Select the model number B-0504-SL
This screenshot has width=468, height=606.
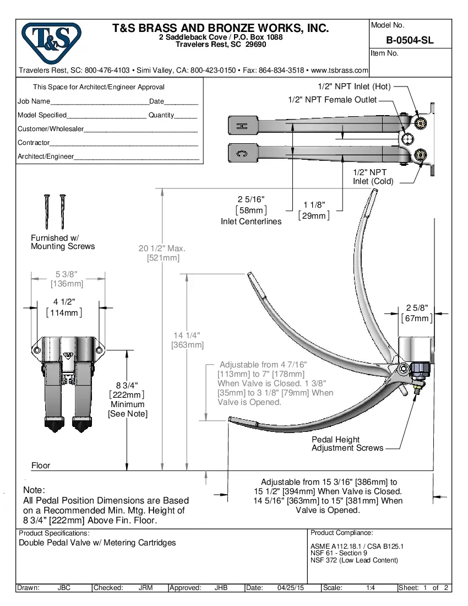pos(410,40)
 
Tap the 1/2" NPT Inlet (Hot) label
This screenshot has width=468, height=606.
pos(354,86)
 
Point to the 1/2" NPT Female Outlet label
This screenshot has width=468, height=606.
pos(333,100)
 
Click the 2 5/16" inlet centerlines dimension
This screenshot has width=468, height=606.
pos(251,205)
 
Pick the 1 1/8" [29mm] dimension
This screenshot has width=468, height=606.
pos(314,210)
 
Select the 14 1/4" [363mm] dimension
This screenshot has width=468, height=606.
pos(187,340)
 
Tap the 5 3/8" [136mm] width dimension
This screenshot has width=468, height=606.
pos(67,279)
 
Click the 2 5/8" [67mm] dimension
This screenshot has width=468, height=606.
pos(417,313)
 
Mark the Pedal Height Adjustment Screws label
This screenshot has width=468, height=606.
pos(347,443)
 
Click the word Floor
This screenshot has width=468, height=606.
pos(41,466)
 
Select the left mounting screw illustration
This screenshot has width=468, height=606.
pos(47,212)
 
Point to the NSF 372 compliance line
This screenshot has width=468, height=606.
pos(354,560)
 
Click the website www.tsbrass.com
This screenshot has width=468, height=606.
pos(339,71)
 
